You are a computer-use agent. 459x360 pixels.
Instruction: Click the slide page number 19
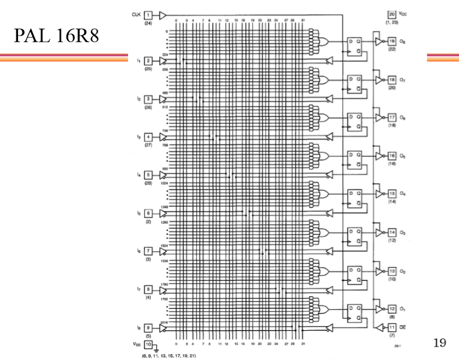439,342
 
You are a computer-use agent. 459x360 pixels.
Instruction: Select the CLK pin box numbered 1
148,15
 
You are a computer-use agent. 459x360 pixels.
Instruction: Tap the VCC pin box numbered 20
392,14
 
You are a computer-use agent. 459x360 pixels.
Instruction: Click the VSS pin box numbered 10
148,344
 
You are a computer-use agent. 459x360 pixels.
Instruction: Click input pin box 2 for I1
148,60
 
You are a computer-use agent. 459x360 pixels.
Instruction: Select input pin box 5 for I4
148,175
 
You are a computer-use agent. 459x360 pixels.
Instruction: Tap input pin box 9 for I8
148,327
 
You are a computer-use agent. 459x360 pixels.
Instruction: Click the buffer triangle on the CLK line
162,15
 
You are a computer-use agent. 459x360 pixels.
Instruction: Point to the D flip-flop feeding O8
355,46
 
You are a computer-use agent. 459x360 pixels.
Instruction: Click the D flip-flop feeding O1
355,313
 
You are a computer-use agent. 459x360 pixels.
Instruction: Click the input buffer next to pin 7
163,251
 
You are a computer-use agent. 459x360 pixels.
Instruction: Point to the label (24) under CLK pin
148,23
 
